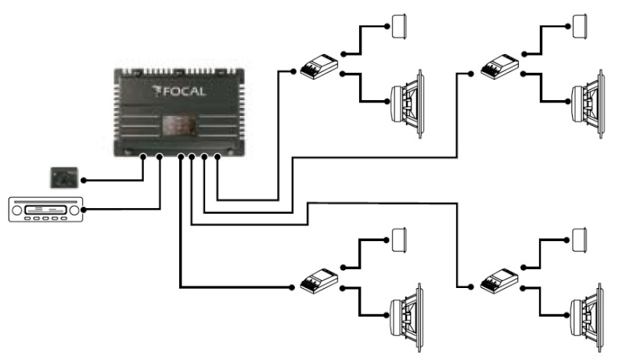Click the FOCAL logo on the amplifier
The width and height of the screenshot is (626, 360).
click(179, 92)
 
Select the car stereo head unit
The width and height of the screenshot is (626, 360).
click(46, 210)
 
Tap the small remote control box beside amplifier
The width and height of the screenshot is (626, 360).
click(64, 178)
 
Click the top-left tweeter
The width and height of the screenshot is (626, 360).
click(399, 27)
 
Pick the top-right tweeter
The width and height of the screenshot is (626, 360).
click(580, 27)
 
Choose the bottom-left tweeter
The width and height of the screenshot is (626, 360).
click(399, 239)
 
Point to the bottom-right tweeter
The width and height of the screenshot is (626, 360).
click(580, 239)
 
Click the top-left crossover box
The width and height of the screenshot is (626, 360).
click(319, 67)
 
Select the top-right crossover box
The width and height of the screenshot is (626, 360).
click(499, 67)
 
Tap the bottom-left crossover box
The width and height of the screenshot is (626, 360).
click(319, 281)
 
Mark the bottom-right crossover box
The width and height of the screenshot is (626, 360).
click(499, 281)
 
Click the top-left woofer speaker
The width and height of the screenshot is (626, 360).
click(406, 104)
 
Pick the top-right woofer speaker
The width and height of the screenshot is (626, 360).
click(588, 104)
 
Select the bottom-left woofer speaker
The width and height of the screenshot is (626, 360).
click(406, 318)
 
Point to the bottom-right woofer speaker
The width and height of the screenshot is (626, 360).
click(588, 318)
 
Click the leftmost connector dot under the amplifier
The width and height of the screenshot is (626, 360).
click(143, 157)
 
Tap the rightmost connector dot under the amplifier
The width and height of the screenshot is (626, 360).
click(218, 157)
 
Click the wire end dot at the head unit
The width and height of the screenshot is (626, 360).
click(84, 210)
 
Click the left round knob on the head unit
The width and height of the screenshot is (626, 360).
click(16, 211)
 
